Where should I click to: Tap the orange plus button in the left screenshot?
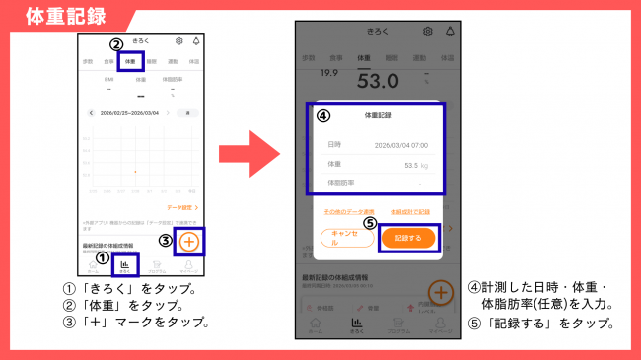[x=190, y=241]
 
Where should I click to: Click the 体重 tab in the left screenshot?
[x=129, y=61]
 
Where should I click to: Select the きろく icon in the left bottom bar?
[x=125, y=266]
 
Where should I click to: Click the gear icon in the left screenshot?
[x=178, y=41]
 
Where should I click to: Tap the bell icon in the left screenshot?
[x=195, y=41]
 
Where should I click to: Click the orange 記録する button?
[x=407, y=238]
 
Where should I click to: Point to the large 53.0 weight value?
[x=377, y=80]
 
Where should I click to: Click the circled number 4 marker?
[x=322, y=114]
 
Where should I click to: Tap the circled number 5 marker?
[x=370, y=223]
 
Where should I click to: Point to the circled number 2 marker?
[x=115, y=44]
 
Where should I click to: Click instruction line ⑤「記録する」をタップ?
[x=541, y=324]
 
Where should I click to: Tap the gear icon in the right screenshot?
[x=427, y=32]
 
